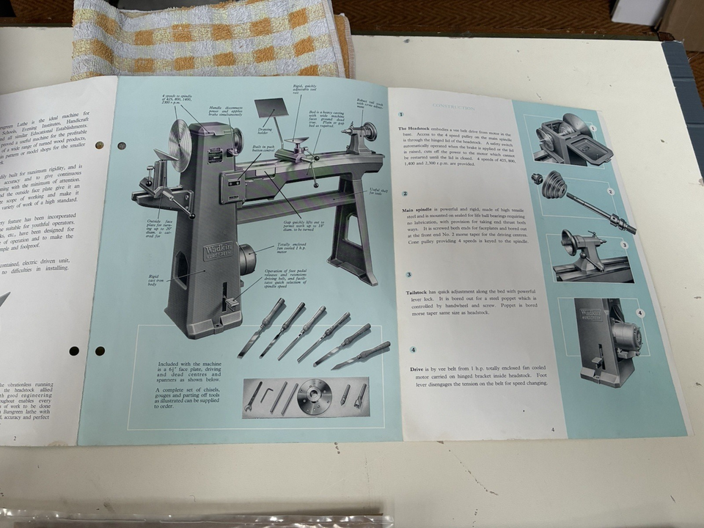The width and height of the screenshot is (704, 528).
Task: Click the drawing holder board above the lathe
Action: [268, 111]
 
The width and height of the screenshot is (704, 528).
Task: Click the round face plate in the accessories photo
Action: [316, 397]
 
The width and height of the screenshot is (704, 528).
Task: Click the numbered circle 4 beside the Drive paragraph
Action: [414, 350]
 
